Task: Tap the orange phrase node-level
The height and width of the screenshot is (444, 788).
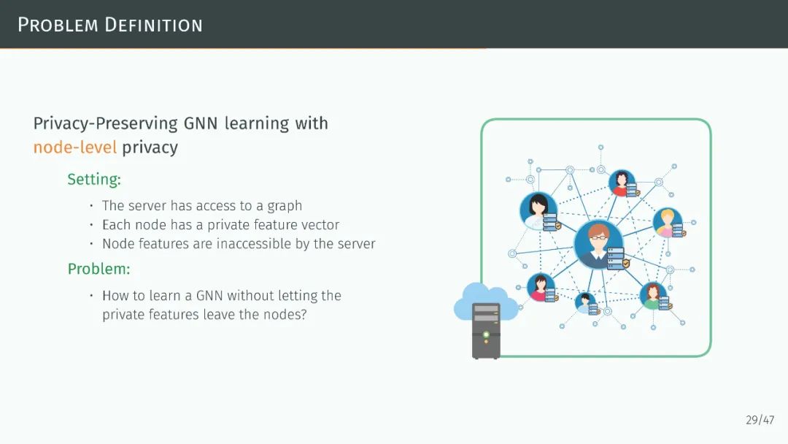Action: [74, 148]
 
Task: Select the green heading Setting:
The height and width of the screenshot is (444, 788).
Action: [94, 179]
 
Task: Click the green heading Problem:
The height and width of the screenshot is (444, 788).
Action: [98, 269]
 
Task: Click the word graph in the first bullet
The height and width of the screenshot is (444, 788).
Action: [285, 206]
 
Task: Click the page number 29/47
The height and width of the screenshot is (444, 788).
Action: [760, 420]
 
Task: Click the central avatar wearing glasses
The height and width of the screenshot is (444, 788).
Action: [598, 244]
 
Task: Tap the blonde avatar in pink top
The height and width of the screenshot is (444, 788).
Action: [665, 222]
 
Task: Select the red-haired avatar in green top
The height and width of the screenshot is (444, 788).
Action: [652, 295]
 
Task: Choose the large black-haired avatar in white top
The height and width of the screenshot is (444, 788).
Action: [538, 210]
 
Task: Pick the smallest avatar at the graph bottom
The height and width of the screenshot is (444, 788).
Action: [584, 301]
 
